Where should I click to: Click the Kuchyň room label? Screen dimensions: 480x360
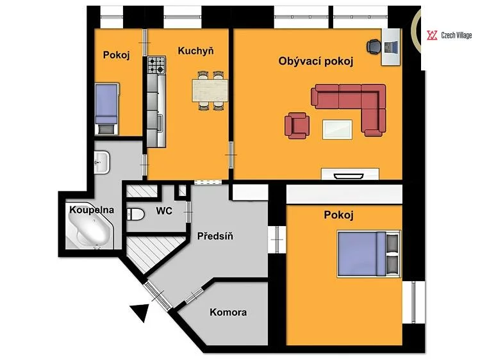195,51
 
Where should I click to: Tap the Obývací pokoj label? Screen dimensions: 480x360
315,61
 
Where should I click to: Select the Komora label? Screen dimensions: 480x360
228,313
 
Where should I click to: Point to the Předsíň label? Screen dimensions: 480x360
215,236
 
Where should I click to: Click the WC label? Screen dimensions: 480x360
164,211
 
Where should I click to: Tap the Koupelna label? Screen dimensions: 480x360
92,210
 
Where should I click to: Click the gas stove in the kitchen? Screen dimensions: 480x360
156,65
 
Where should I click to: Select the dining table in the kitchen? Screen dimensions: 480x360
210,90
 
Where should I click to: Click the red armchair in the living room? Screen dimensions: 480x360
297,126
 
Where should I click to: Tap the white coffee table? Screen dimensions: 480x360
337,129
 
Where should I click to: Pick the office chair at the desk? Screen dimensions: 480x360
374,47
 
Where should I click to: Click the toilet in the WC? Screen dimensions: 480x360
135,214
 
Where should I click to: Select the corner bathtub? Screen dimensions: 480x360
89,226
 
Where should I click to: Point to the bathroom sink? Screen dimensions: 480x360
101,162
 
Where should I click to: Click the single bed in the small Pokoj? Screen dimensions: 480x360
106,108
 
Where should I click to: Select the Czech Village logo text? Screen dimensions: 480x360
456,35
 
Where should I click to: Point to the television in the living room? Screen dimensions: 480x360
349,176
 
